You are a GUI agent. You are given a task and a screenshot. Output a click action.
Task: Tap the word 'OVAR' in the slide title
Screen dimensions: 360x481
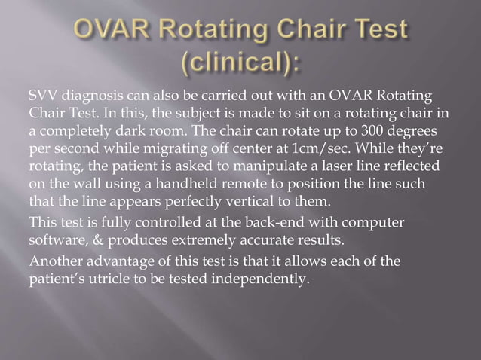click(112, 29)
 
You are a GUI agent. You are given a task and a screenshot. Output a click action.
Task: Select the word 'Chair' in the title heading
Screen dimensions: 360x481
click(302, 29)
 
